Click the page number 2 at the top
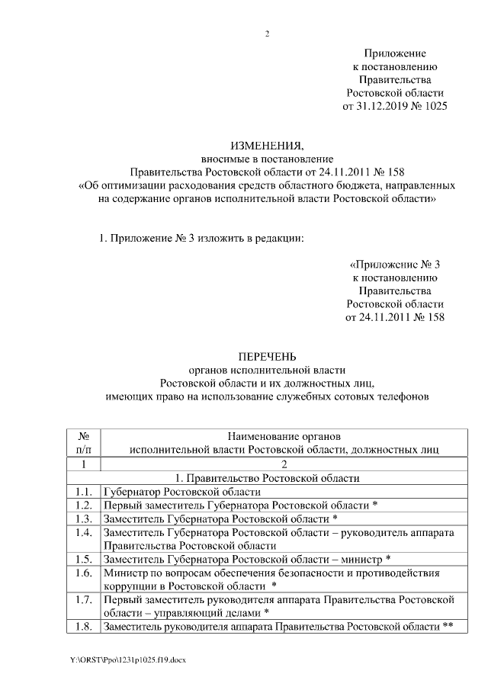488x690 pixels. coord(268,34)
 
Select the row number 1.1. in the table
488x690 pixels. coord(85,492)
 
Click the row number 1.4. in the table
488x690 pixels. coord(85,533)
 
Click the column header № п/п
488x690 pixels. coord(85,442)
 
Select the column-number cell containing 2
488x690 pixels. coord(282,464)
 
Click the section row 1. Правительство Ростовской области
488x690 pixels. coord(282,478)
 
